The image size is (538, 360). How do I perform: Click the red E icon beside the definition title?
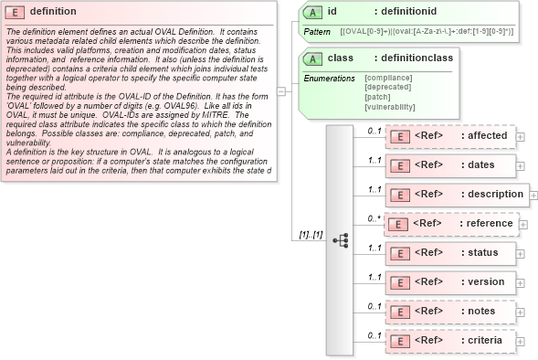click(x=16, y=12)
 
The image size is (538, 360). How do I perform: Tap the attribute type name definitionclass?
click(x=420, y=58)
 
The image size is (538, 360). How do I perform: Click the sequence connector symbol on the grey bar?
click(x=340, y=240)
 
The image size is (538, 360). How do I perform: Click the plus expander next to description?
click(x=533, y=195)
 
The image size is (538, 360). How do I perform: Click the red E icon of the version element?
click(x=399, y=282)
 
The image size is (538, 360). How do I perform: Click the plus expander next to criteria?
click(x=521, y=341)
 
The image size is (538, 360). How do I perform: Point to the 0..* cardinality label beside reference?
click(x=374, y=218)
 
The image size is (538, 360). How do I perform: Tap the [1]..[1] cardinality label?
click(x=311, y=235)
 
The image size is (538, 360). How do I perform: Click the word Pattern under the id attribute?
click(x=316, y=32)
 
